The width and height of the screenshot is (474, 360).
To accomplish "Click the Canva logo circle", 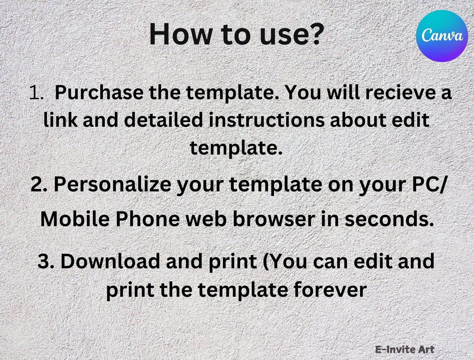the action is (x=442, y=36).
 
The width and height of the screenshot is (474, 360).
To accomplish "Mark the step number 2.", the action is (x=38, y=185).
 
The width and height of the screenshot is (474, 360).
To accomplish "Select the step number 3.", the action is (x=46, y=261).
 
